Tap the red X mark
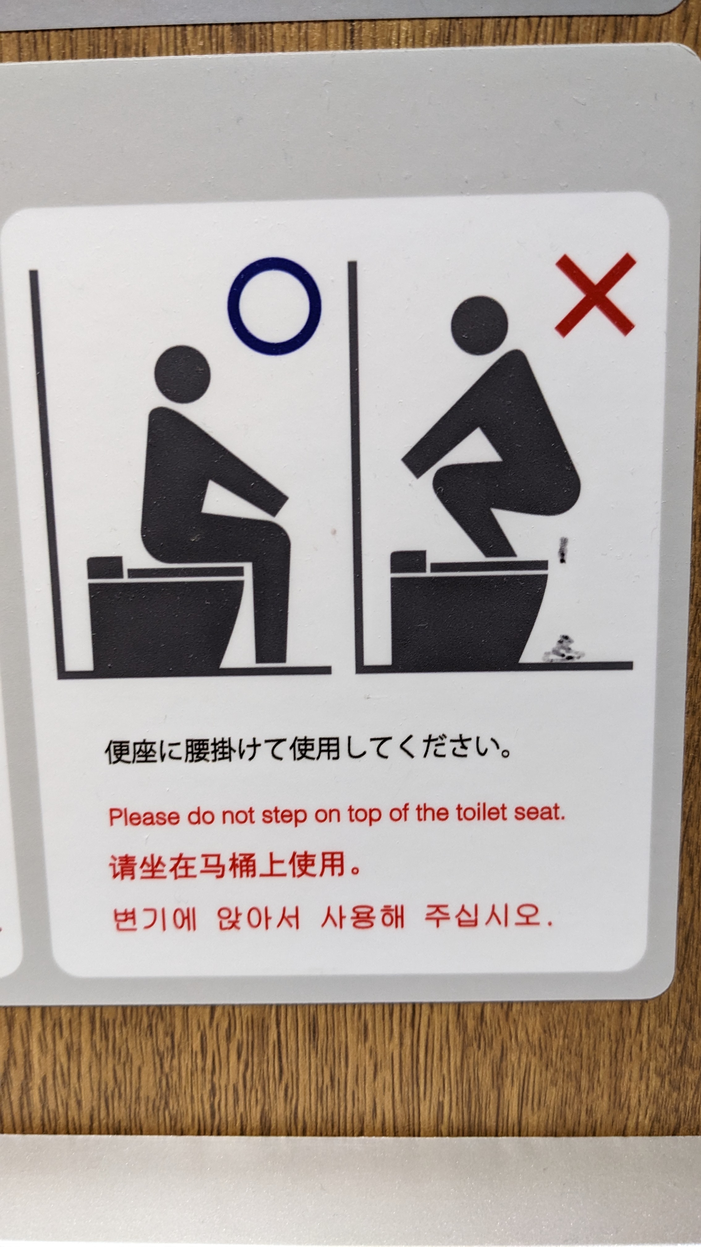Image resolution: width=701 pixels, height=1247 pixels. (595, 294)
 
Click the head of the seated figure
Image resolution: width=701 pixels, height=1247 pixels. (182, 374)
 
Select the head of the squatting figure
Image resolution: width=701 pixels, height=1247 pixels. (479, 325)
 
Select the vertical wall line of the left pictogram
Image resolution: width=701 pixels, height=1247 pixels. (47, 472)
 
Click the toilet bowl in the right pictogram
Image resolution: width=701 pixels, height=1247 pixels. (467, 619)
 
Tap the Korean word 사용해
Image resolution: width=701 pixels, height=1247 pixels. (362, 917)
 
